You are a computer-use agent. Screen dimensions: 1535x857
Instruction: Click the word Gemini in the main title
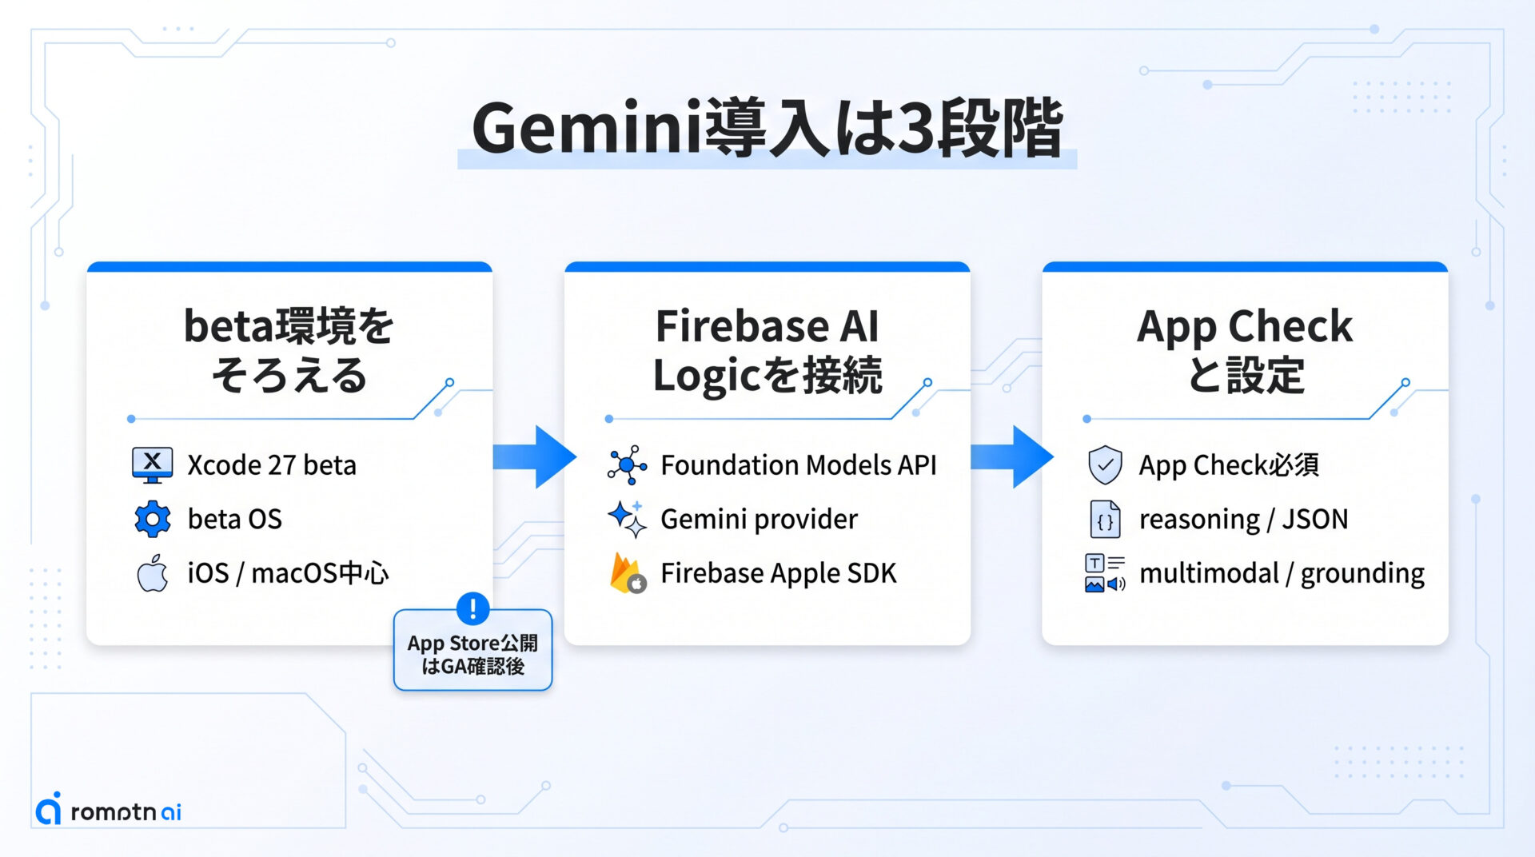pyautogui.click(x=587, y=128)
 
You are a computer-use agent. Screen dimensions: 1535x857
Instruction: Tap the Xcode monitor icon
pyautogui.click(x=152, y=464)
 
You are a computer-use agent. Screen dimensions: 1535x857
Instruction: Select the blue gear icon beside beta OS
pyautogui.click(x=153, y=519)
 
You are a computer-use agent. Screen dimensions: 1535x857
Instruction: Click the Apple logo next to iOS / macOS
pyautogui.click(x=153, y=572)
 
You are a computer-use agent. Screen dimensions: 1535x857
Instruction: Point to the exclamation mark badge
pyautogui.click(x=472, y=608)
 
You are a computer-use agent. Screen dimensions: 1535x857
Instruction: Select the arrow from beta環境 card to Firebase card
pyautogui.click(x=534, y=456)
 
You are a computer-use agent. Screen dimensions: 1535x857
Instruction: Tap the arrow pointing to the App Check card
pyautogui.click(x=1012, y=456)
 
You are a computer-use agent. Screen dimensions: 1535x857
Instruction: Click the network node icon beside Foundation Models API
pyautogui.click(x=628, y=464)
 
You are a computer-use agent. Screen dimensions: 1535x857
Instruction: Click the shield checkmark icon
pyautogui.click(x=1105, y=464)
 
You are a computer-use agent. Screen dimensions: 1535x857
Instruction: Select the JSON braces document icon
pyautogui.click(x=1105, y=519)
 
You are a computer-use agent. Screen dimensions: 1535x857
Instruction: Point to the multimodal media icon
pyautogui.click(x=1105, y=573)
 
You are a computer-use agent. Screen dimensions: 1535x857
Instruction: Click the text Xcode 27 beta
pyautogui.click(x=272, y=465)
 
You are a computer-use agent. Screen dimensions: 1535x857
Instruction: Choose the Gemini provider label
pyautogui.click(x=759, y=520)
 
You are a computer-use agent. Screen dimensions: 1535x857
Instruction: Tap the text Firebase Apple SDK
pyautogui.click(x=779, y=573)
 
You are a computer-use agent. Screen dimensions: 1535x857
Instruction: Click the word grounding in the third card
pyautogui.click(x=1362, y=574)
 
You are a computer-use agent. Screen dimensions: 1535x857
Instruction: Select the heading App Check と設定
pyautogui.click(x=1245, y=350)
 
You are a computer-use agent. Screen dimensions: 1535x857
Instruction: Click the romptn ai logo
pyautogui.click(x=109, y=809)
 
